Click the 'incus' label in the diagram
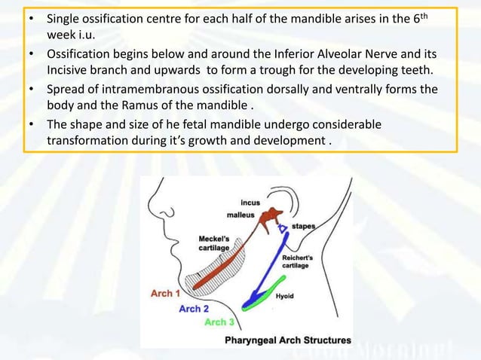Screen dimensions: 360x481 pos(250,203)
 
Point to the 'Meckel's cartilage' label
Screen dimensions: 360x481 pos(204,243)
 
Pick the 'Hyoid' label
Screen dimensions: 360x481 pos(285,296)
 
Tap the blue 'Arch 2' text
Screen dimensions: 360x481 pos(194,309)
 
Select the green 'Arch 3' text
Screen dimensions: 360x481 pos(220,322)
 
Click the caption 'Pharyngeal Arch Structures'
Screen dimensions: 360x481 pos(288,340)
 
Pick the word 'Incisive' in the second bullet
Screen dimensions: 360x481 pos(69,71)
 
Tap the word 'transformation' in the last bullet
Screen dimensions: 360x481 pos(87,140)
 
